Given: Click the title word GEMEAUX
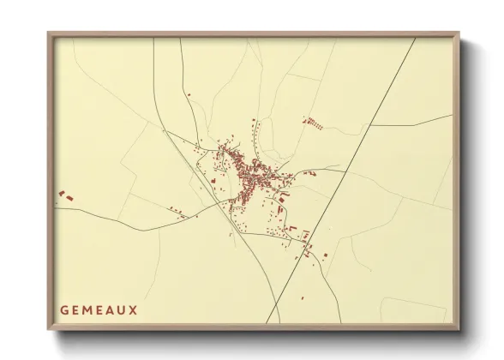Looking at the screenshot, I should tap(99, 309).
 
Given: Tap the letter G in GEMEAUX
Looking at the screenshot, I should tap(64, 309).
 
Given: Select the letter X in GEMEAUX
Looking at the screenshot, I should tap(133, 309).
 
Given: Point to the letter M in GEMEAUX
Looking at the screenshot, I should tap(87, 309).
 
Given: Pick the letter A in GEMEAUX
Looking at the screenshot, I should tap(110, 309).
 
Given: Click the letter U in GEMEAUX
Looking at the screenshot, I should tap(122, 309).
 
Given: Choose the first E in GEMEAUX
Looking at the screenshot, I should tap(76, 309).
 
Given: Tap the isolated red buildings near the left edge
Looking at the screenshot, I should tap(65, 196).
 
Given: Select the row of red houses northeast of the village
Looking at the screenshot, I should tap(314, 123).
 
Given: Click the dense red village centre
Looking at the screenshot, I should tap(249, 171).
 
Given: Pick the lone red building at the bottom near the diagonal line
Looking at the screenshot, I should tap(303, 298).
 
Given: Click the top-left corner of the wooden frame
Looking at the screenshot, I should tap(50, 34).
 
